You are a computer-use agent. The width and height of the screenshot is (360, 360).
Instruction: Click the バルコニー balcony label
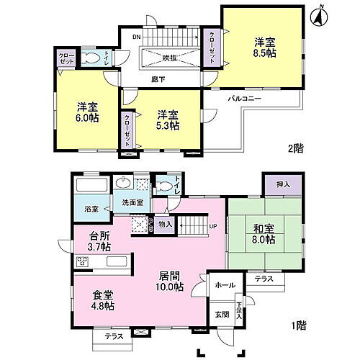[245, 96]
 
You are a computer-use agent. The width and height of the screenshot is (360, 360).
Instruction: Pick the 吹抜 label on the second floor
[171, 57]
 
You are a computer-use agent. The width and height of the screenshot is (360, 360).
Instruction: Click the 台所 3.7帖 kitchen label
[100, 240]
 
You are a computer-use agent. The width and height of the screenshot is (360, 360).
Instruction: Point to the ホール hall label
[224, 286]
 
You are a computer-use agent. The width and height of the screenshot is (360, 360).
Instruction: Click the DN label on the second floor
[135, 37]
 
